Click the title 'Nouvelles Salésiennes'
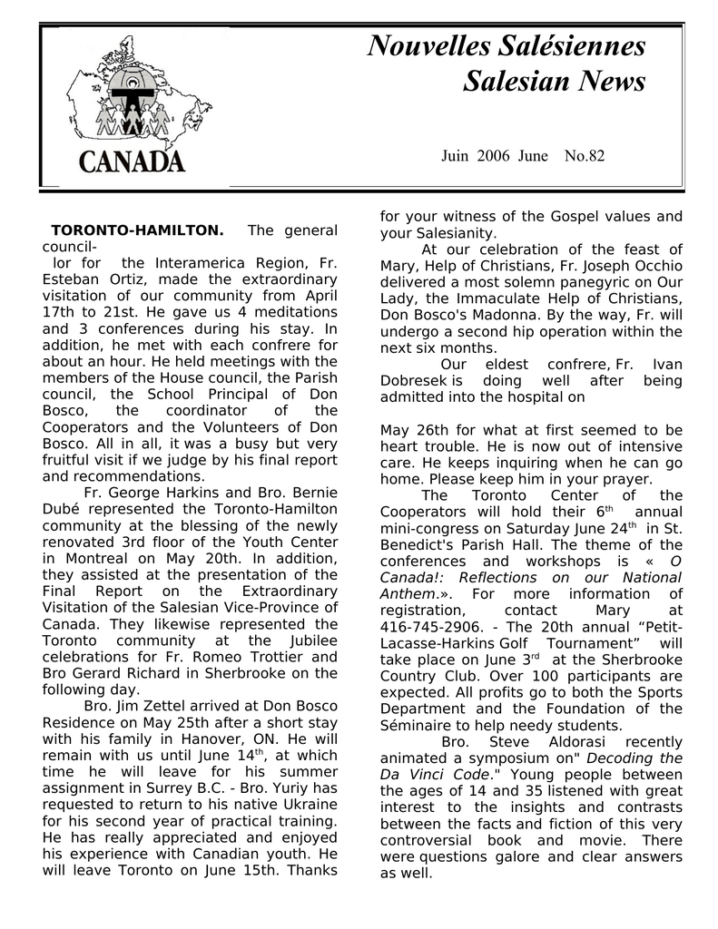(x=507, y=45)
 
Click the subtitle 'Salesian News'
(x=554, y=82)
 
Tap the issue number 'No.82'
(x=584, y=156)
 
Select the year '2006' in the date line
(x=493, y=156)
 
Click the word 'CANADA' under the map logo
(x=133, y=161)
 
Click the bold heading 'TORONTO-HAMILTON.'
(x=137, y=231)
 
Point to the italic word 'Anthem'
(x=408, y=594)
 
